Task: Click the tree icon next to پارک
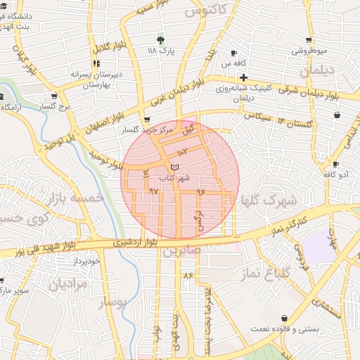[x=160, y=40]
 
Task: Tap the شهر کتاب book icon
[x=174, y=166]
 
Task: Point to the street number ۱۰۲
[x=183, y=151]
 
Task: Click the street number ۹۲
[x=154, y=191]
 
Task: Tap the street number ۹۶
[x=200, y=191]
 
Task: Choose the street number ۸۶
[x=188, y=275]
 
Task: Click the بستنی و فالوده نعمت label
[x=285, y=328]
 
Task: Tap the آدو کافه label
[x=335, y=173]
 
